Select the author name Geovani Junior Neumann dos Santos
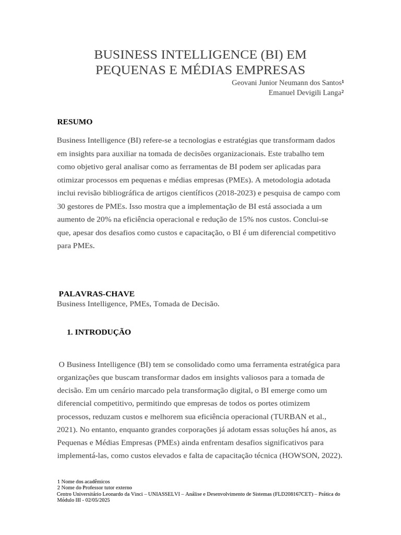tap(287, 83)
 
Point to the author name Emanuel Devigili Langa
tap(305, 92)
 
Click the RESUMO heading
tap(75, 122)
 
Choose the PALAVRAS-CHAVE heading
tap(97, 294)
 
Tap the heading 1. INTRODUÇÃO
tap(99, 332)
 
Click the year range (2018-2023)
tap(234, 193)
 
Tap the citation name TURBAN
tap(287, 416)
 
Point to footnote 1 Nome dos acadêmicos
tap(84, 481)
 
